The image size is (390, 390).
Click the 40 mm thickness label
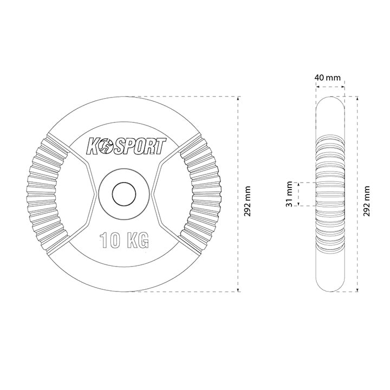pos(327,77)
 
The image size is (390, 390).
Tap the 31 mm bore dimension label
pos(289,194)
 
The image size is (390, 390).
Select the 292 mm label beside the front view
pos(248,201)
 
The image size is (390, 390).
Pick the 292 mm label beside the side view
pos(366,201)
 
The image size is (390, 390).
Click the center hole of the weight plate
pos(124,194)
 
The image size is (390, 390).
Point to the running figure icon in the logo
pos(106,147)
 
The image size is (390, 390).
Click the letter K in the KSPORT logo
pos(92,147)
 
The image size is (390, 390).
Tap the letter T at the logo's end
pos(160,146)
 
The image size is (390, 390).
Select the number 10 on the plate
pos(110,240)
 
